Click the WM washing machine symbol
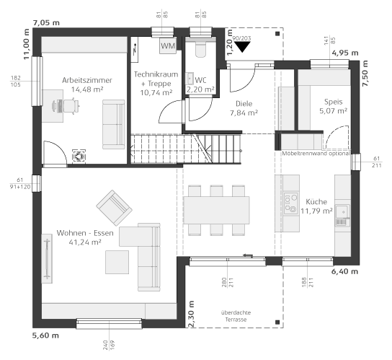[168, 45]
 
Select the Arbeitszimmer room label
[87, 80]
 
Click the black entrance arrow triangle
[242, 47]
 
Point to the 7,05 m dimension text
[46, 23]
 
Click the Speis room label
[333, 102]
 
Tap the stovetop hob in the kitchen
[291, 203]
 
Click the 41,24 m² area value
[85, 242]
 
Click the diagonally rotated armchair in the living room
[115, 208]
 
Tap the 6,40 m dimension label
[344, 271]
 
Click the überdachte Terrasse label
[236, 316]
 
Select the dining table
[216, 210]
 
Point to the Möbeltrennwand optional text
[316, 154]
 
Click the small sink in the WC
[190, 78]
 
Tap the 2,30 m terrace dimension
[191, 314]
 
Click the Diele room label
[244, 104]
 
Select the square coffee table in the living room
[117, 262]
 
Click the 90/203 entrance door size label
[241, 38]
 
